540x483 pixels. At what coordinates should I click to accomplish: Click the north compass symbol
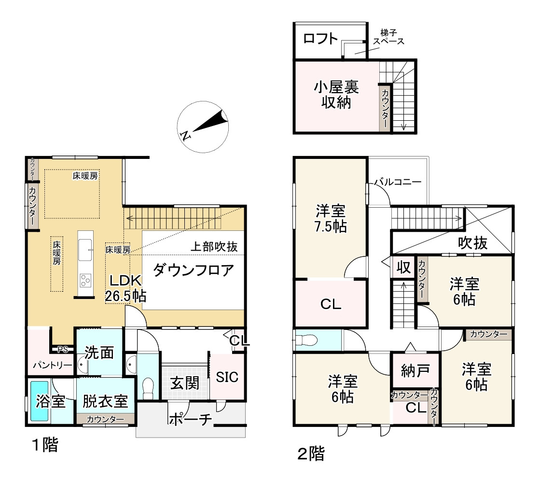coord(203,127)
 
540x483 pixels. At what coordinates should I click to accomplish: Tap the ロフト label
coord(320,38)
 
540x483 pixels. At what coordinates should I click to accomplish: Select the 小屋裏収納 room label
coord(336,95)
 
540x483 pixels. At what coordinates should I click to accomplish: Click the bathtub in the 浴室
coord(39,401)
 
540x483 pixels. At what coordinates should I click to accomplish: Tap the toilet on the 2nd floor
coord(306,340)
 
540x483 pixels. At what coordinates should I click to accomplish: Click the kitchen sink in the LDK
coord(85,250)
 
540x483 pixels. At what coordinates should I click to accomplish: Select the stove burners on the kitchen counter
coord(85,280)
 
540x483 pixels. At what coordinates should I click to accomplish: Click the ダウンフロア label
coord(194,270)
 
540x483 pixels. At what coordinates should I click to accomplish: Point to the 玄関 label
coord(185,383)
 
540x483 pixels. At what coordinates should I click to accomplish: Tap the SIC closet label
coord(227,377)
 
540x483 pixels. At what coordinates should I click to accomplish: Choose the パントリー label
coord(53,365)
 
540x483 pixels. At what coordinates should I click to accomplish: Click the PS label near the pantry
coord(63,350)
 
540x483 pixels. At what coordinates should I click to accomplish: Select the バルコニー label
coord(398,182)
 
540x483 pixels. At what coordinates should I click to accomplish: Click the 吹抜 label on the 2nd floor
coord(472,243)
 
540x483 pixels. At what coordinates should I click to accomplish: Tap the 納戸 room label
coord(415,370)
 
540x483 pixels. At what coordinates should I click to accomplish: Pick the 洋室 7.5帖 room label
coord(330,218)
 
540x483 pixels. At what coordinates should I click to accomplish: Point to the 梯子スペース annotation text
coord(389,37)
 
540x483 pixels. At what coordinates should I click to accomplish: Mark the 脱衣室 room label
coord(105,401)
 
